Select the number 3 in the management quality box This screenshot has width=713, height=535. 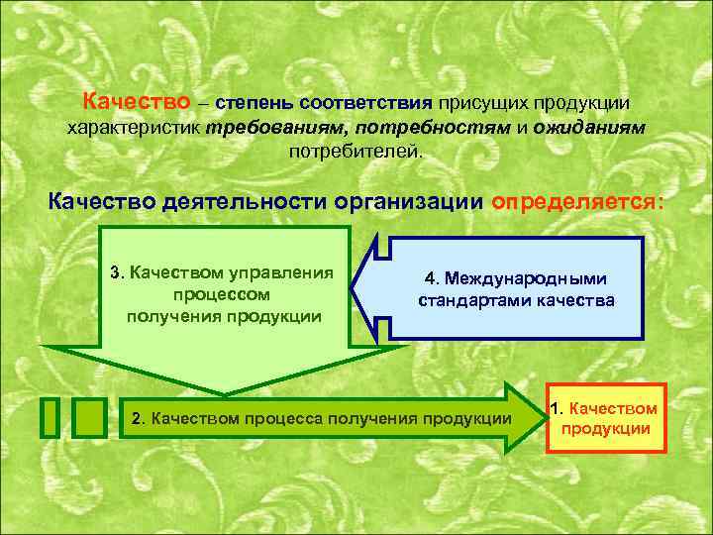(115, 273)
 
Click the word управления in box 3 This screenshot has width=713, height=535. (281, 273)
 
